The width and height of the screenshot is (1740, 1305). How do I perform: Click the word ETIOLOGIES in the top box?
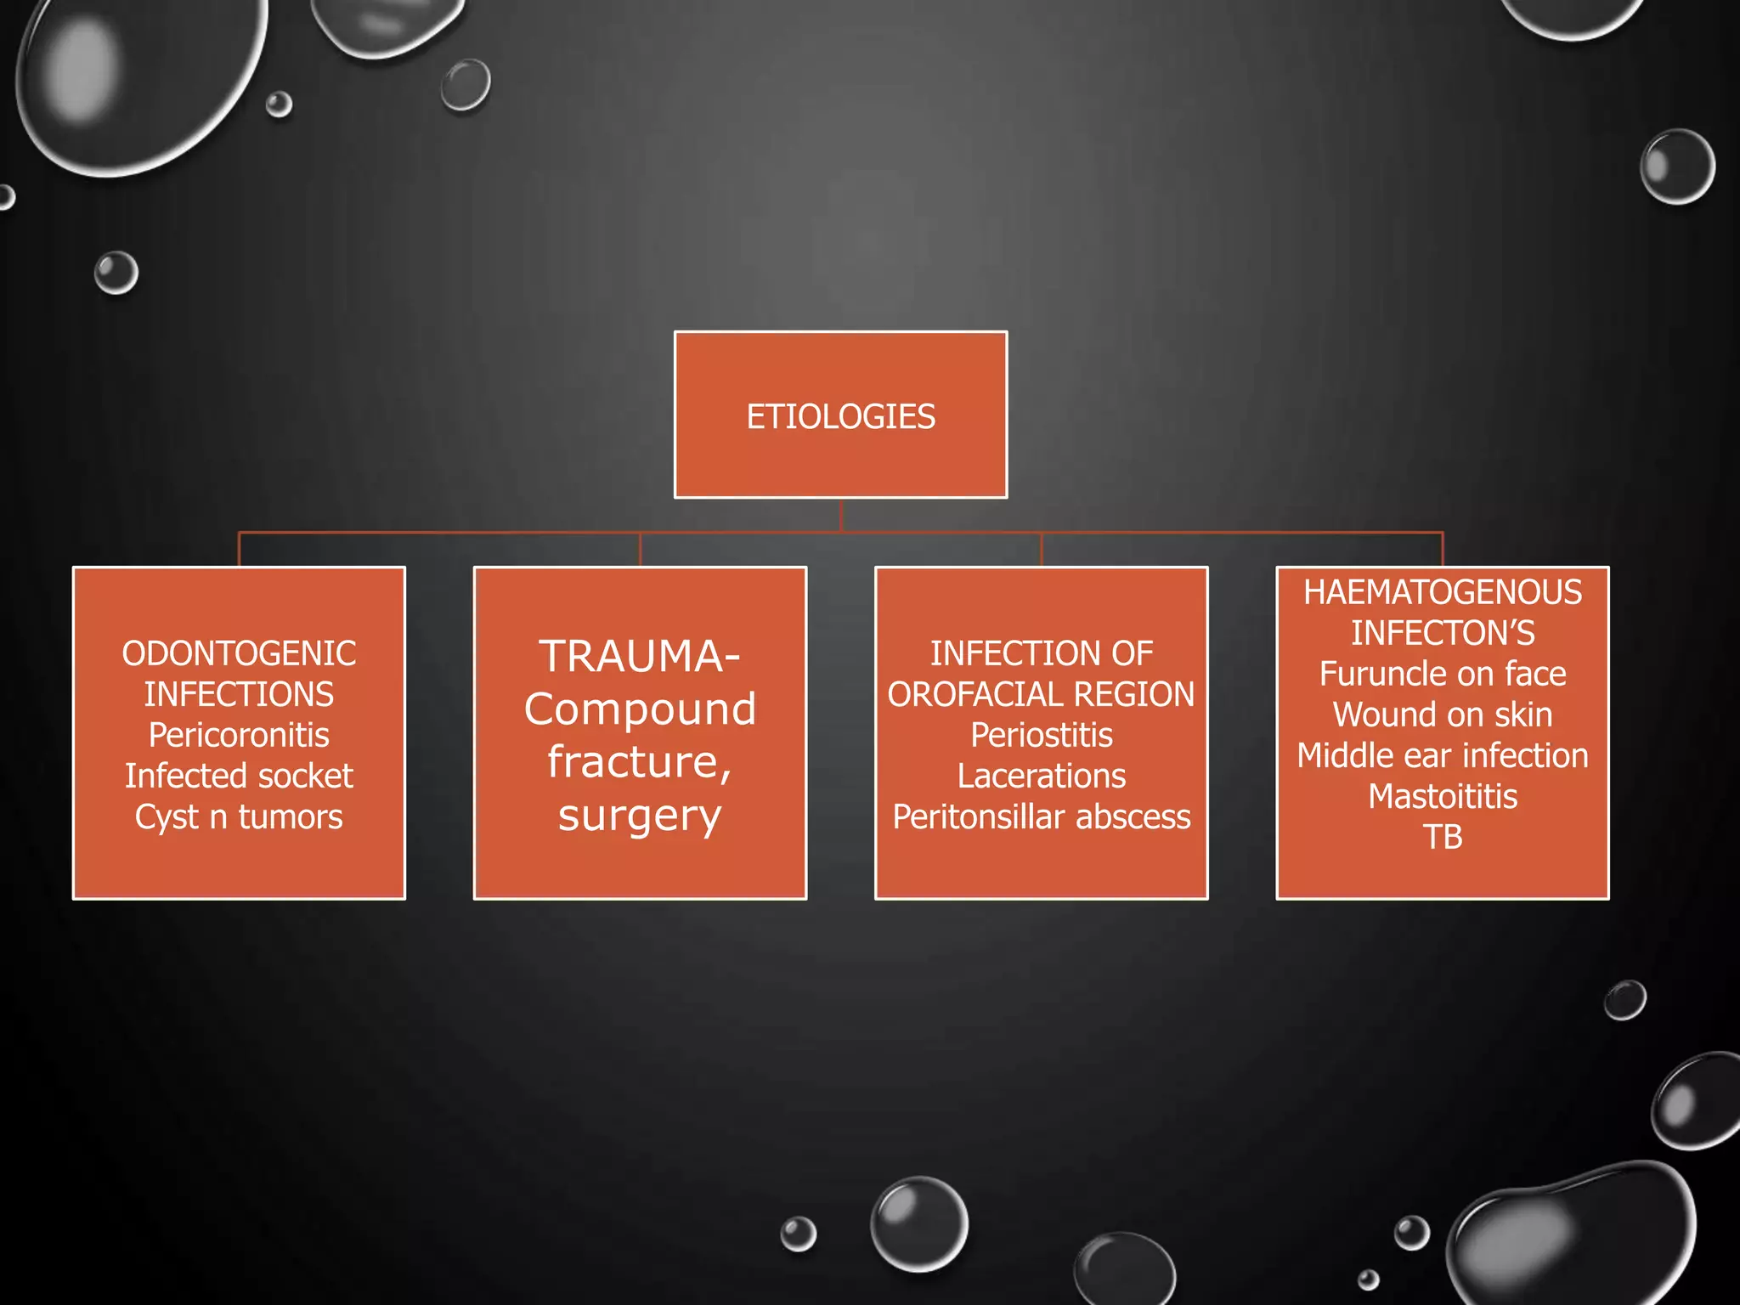point(840,416)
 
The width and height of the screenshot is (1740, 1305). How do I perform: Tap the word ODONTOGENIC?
point(239,653)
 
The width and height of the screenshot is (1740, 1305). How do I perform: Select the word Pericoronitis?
point(239,735)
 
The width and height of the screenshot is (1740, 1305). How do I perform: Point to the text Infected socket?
point(239,776)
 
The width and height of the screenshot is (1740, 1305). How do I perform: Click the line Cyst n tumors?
point(239,816)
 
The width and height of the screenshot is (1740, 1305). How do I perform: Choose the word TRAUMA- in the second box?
point(639,657)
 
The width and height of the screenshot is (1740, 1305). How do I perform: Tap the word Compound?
point(640,709)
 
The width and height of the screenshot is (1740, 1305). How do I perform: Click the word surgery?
point(640,816)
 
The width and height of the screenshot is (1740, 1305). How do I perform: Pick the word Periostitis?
point(1042,735)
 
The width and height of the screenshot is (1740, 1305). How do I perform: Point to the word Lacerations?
point(1042,776)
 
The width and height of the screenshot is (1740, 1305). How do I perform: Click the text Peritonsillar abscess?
point(1042,816)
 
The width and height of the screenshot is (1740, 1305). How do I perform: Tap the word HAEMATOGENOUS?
point(1443,592)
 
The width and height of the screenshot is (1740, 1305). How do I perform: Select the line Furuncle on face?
point(1443,674)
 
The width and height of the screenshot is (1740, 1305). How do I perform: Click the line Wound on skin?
point(1443,715)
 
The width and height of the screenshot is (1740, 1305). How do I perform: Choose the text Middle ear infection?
point(1443,755)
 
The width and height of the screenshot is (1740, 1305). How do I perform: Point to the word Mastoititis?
point(1443,796)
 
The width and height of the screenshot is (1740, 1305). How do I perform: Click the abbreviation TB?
point(1443,837)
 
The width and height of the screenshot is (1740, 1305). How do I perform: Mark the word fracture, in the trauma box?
point(640,762)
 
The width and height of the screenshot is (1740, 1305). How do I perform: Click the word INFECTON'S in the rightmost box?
point(1443,633)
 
